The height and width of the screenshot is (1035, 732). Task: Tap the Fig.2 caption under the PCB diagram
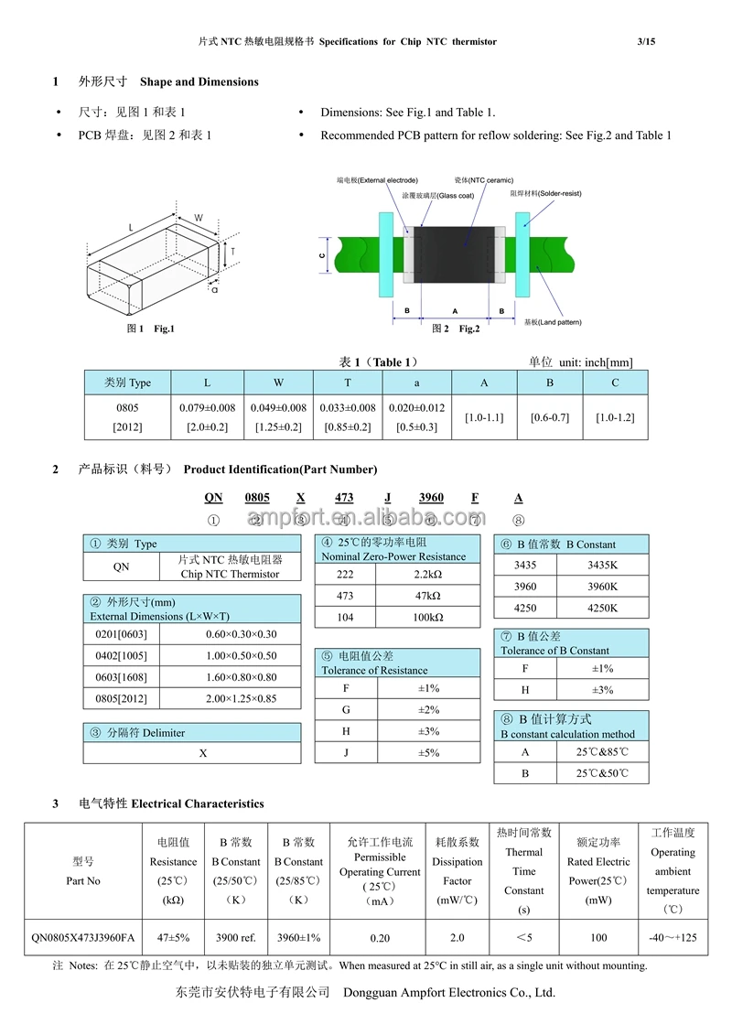click(456, 329)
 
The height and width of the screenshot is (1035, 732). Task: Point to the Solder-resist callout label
click(545, 193)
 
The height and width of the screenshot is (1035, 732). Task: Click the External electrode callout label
click(377, 180)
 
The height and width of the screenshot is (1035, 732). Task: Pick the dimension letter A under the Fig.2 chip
click(455, 310)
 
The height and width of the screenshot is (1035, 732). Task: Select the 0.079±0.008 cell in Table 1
click(207, 408)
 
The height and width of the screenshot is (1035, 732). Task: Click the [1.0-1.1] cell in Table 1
click(484, 417)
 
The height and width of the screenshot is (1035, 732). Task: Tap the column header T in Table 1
click(348, 383)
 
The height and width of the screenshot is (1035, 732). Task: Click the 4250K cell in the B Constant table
click(602, 609)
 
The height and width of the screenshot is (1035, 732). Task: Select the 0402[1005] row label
click(122, 656)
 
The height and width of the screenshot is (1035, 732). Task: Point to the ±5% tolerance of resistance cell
click(429, 752)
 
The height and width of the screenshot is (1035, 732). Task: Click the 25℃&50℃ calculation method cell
click(602, 773)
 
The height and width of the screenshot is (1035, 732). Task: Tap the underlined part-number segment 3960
click(431, 497)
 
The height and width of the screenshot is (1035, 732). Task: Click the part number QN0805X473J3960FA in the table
click(82, 938)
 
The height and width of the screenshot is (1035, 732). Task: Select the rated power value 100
click(598, 938)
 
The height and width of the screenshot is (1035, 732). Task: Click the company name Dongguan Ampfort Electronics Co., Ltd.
click(448, 992)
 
